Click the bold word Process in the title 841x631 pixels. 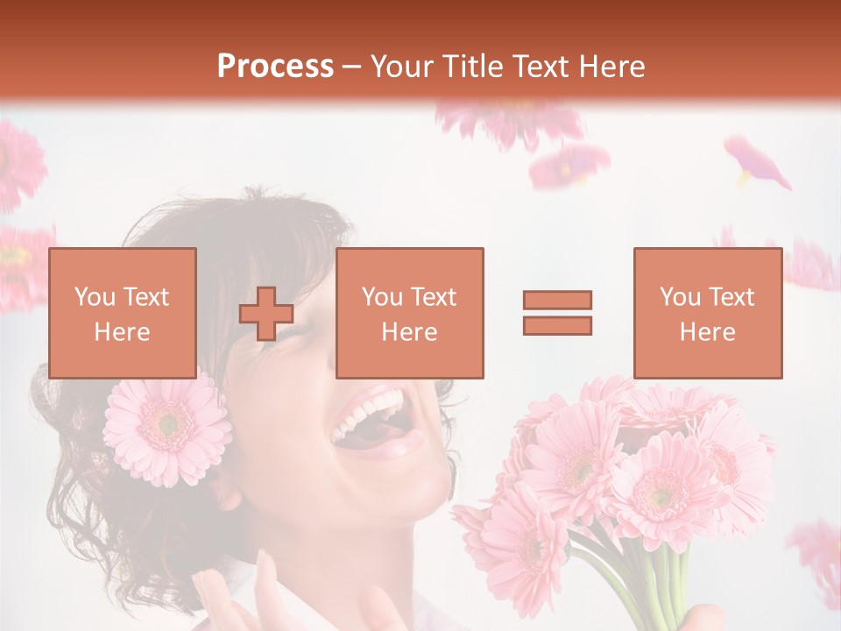click(x=275, y=67)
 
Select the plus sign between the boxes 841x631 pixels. click(x=266, y=314)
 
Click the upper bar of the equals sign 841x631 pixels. click(x=557, y=300)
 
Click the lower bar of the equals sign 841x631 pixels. click(x=557, y=326)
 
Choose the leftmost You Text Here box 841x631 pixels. click(x=123, y=313)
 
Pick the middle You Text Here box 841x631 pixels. click(x=410, y=313)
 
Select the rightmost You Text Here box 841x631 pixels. click(x=708, y=313)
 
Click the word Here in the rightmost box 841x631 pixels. click(x=708, y=332)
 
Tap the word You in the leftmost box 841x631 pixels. click(x=93, y=297)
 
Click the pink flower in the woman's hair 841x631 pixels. click(x=166, y=427)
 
